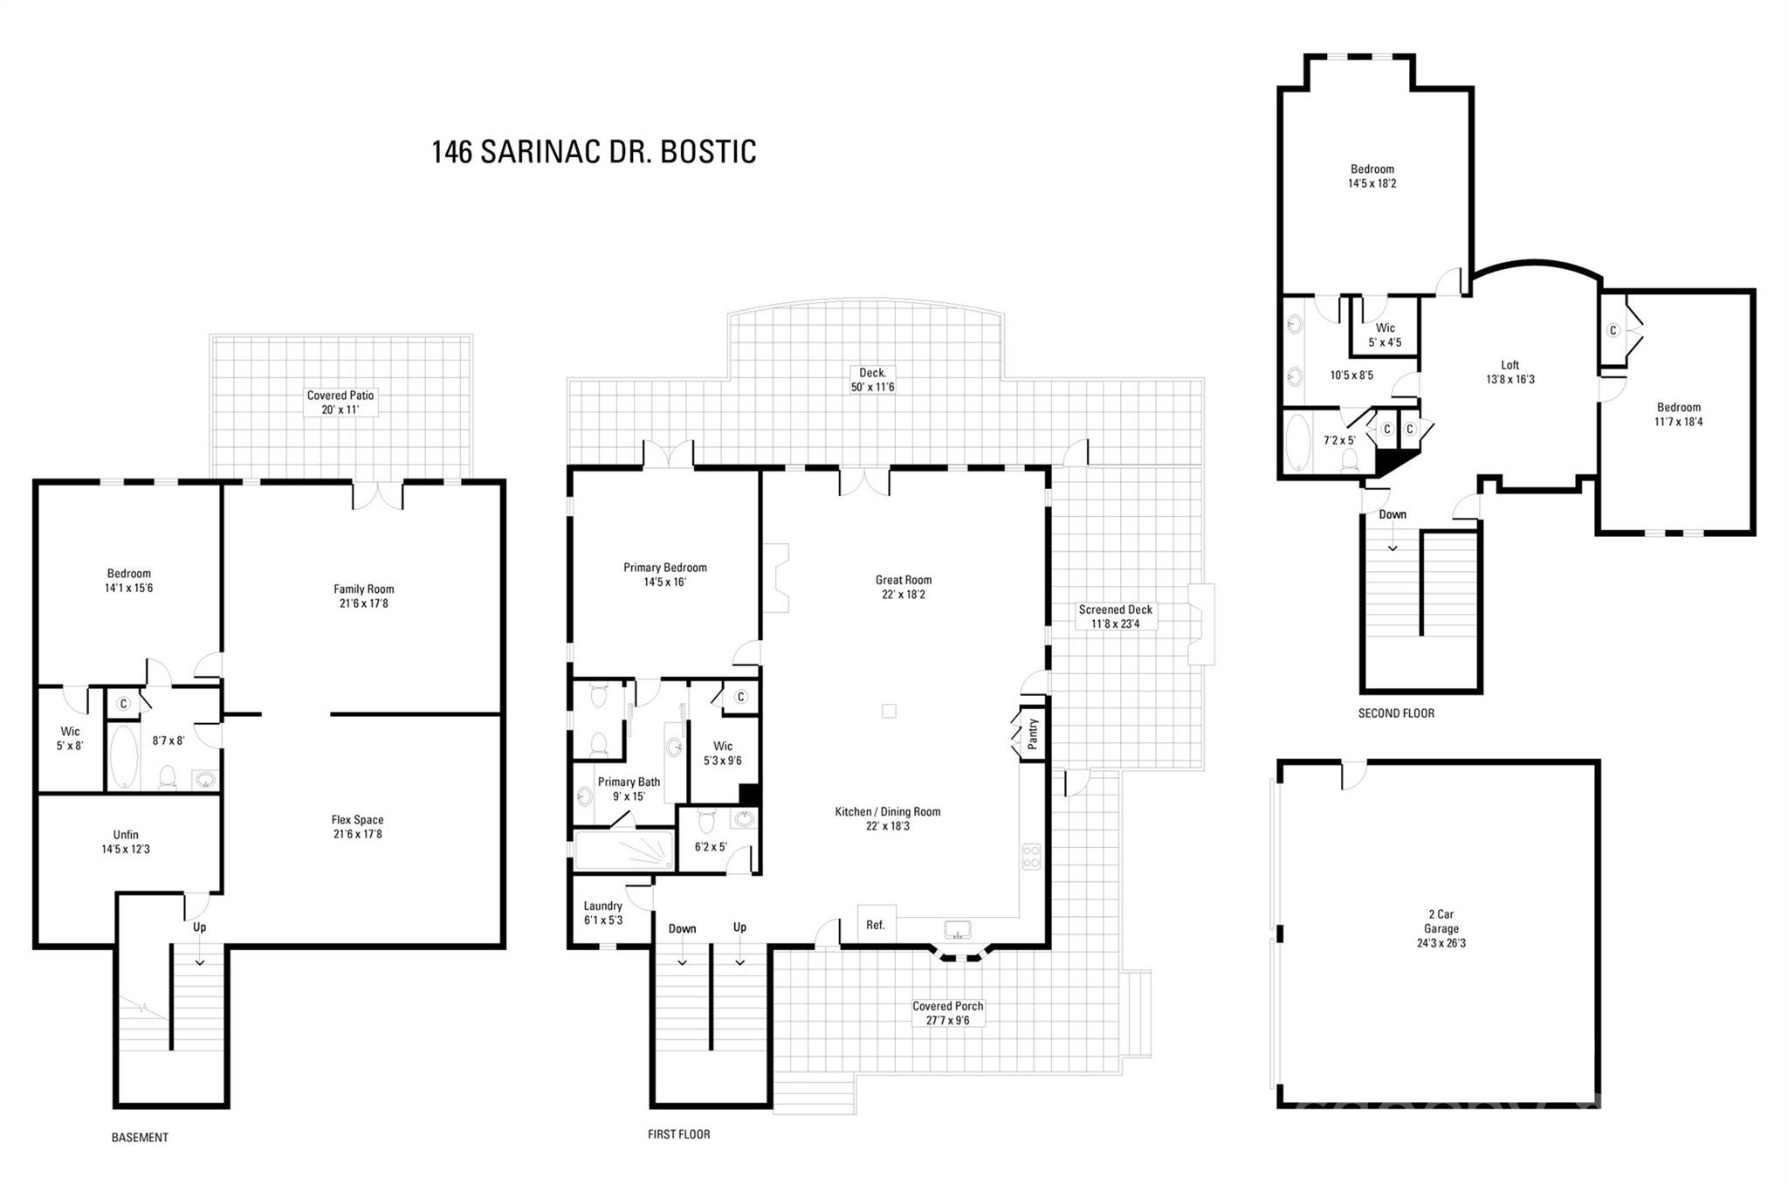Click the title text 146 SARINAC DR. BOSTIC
coord(594,151)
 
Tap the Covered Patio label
coord(340,396)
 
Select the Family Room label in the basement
coord(363,589)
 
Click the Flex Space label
coord(357,820)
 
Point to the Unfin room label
coord(126,835)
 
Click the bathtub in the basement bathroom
coord(123,756)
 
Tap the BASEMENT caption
coord(140,1137)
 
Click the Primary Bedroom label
coord(664,568)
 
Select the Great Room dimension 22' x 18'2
coord(903,595)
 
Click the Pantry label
coord(1033,734)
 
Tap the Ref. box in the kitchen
coord(876,925)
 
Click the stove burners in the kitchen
coord(1031,856)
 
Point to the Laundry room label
coord(603,906)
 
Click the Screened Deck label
coord(1115,610)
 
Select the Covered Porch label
coord(947,1006)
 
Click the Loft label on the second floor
coord(1509,365)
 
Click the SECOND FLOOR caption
coord(1396,713)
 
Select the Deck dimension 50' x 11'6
coord(872,387)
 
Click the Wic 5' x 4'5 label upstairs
coord(1385,335)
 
